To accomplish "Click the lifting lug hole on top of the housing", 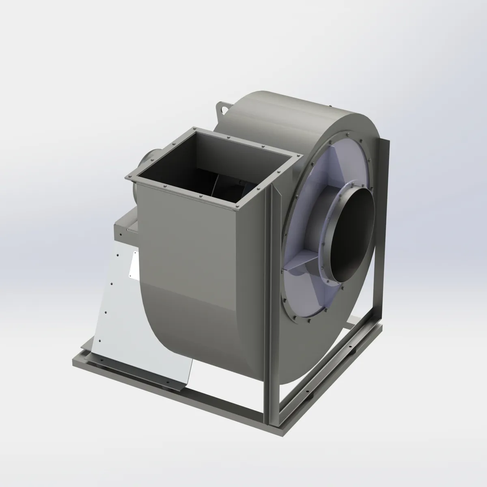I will point(223,108).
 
